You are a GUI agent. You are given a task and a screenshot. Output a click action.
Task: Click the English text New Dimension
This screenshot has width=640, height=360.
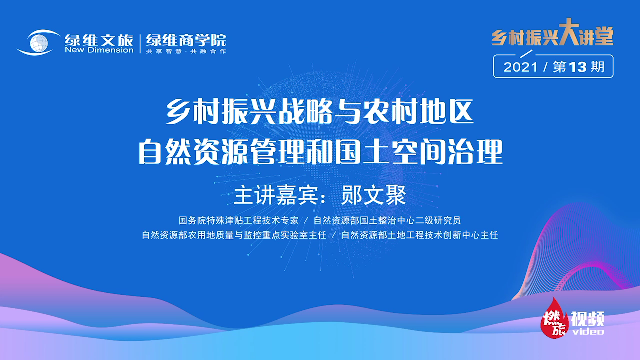tap(99, 50)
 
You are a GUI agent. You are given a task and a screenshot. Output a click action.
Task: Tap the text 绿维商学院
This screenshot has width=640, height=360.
tap(186, 40)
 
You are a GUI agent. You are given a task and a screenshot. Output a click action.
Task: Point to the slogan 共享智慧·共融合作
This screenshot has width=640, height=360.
tap(186, 51)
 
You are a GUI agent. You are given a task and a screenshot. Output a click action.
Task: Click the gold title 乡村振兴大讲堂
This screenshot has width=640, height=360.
tap(552, 36)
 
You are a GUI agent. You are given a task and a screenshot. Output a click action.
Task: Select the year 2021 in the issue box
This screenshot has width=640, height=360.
tap(520, 67)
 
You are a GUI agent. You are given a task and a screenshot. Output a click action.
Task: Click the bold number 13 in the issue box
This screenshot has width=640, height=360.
tap(577, 67)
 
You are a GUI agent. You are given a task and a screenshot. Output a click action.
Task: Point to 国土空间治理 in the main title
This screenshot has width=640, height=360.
tap(429, 153)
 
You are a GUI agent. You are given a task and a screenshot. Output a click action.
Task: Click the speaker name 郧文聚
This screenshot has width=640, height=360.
tap(373, 196)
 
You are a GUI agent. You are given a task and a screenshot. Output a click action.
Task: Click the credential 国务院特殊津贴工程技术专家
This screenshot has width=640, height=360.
tap(239, 220)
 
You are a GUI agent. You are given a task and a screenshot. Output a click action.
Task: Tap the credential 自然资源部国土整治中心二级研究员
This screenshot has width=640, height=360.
tap(387, 220)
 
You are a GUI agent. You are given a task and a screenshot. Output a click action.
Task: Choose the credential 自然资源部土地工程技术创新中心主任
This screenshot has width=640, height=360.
tap(420, 235)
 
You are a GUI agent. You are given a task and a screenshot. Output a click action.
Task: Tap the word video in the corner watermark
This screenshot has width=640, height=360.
tap(588, 331)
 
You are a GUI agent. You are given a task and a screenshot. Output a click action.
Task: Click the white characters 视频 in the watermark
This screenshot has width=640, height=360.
tap(588, 318)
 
